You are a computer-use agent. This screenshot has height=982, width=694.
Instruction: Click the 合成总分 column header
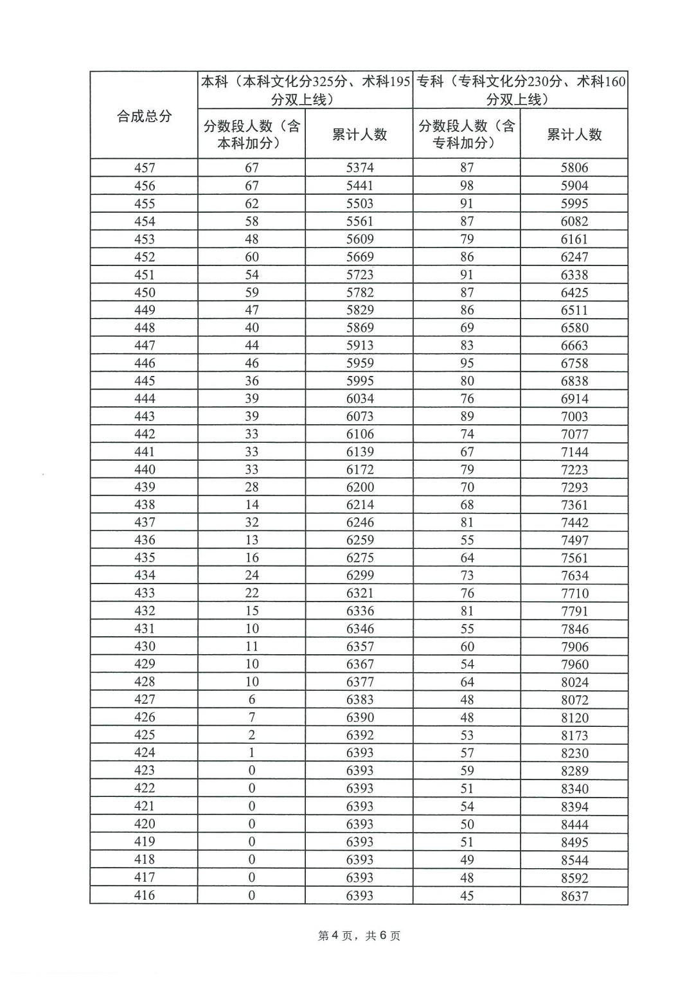tap(144, 116)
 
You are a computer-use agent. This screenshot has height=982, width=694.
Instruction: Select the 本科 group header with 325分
tap(305, 91)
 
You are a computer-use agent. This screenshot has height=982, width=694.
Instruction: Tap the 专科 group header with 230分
tap(520, 91)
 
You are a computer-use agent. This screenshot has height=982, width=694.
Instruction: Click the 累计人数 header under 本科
tap(359, 134)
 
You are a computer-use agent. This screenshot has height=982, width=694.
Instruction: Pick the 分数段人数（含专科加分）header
tap(467, 134)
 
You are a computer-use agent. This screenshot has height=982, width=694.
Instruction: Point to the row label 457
tap(145, 168)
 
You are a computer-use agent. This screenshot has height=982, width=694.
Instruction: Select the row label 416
tap(145, 895)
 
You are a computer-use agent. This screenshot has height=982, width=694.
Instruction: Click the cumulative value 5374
tap(359, 168)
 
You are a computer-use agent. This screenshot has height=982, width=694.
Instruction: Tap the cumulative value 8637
tap(574, 896)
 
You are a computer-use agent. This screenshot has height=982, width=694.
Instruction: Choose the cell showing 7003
tap(574, 416)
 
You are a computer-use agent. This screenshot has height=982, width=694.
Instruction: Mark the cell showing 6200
tap(359, 487)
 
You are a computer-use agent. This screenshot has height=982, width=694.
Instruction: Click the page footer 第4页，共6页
tap(359, 936)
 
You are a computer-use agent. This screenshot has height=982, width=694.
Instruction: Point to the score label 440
tap(145, 469)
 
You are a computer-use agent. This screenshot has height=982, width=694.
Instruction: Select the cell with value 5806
tap(574, 168)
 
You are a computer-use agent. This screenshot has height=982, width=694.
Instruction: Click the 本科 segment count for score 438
tap(252, 504)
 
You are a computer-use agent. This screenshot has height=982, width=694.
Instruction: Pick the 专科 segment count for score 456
tap(467, 186)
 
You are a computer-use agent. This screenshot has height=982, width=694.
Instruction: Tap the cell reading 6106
tap(359, 434)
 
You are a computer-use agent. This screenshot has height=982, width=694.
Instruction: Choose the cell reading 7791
tap(574, 611)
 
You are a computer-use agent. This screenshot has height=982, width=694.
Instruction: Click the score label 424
tap(145, 753)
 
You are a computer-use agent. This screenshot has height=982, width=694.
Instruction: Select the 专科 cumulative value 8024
tap(574, 682)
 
